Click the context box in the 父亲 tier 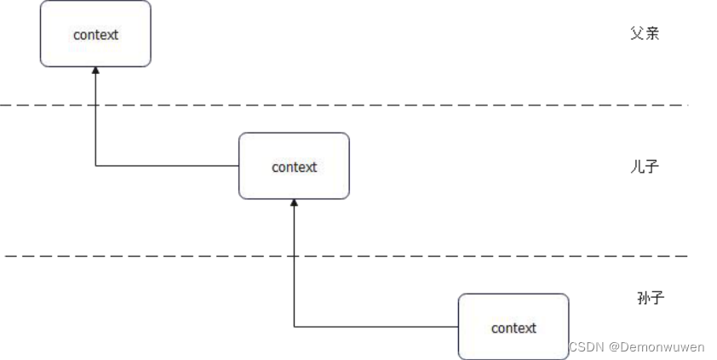pos(95,34)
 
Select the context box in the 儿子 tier pos(294,166)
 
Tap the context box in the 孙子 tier pos(513,327)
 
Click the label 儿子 pos(645,167)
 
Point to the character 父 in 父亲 pos(637,34)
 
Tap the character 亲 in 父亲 pos(652,34)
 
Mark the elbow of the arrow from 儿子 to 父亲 pos(95,165)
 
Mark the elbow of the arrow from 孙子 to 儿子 pos(294,326)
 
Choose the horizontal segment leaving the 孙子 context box pos(375,326)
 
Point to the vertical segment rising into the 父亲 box pos(95,119)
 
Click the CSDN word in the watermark pos(585,347)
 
